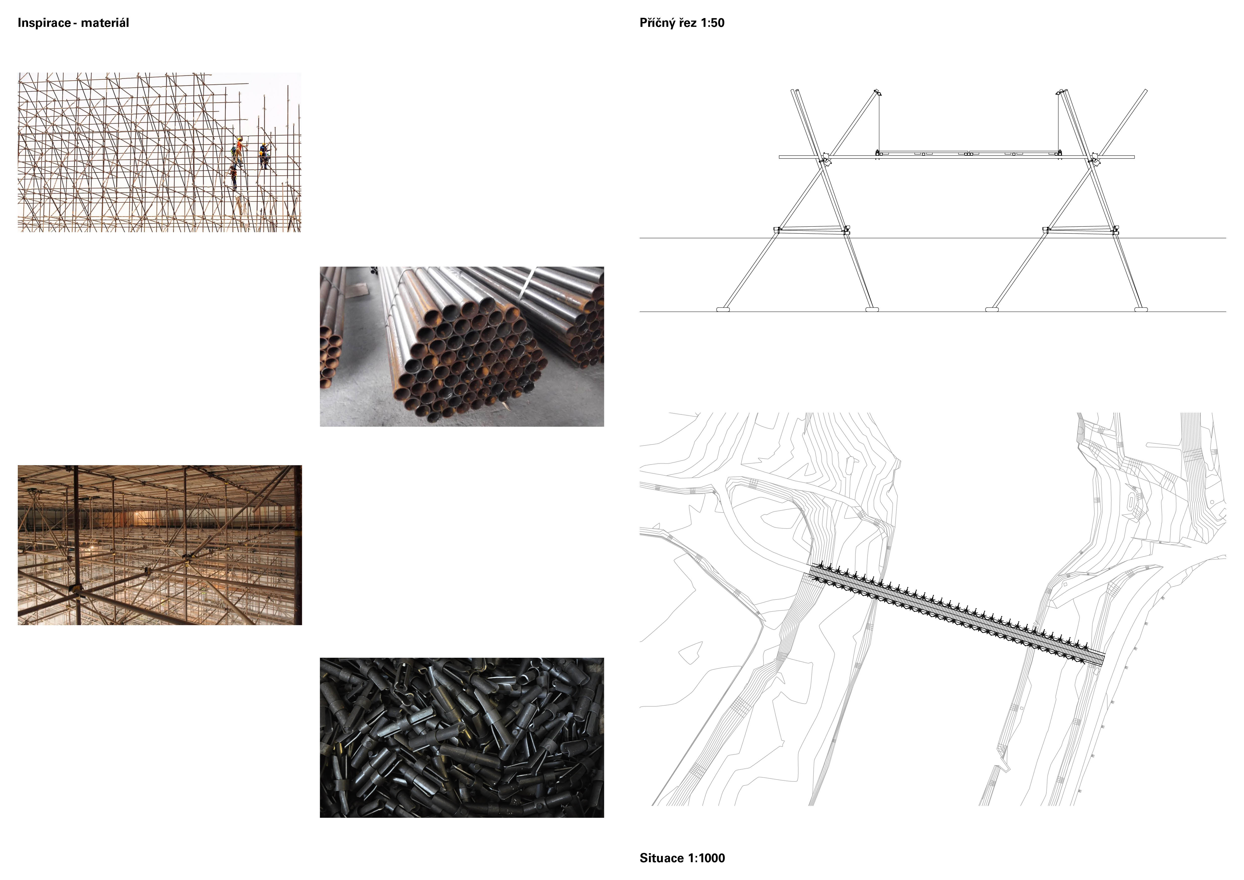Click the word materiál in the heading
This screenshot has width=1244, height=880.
tap(105, 23)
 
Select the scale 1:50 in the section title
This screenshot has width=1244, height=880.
tap(712, 23)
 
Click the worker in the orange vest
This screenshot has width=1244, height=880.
tap(238, 148)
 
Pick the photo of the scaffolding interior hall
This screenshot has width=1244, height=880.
tap(160, 545)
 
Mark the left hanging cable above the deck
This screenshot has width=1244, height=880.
tap(878, 124)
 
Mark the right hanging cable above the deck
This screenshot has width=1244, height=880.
tap(1059, 124)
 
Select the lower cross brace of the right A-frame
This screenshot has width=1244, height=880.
tap(1080, 230)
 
